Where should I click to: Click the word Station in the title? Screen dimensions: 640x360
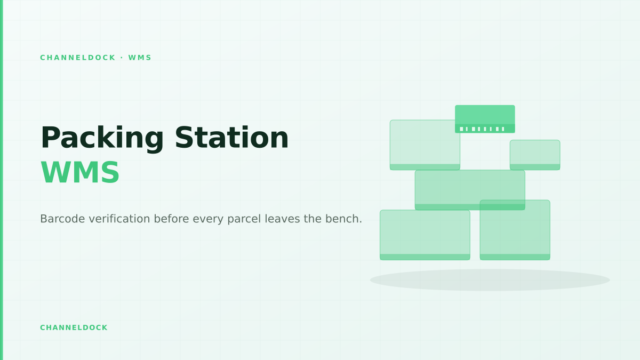231,138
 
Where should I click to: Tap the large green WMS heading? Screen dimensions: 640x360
80,172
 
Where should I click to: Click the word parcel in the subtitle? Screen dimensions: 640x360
244,219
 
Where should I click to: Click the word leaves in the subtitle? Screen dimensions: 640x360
282,219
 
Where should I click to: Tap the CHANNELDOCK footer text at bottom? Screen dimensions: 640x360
74,327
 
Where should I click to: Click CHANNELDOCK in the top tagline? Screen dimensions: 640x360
78,58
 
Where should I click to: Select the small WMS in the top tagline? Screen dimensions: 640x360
140,58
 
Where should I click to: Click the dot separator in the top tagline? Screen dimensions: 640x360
122,58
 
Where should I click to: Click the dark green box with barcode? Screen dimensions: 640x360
485,119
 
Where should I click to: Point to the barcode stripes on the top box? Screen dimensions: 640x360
482,129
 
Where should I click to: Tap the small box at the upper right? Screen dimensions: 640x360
535,155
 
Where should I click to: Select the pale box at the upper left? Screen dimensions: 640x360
425,145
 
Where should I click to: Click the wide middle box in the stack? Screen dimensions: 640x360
470,190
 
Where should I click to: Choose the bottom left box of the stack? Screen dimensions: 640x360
425,235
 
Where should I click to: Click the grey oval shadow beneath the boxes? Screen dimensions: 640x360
490,280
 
